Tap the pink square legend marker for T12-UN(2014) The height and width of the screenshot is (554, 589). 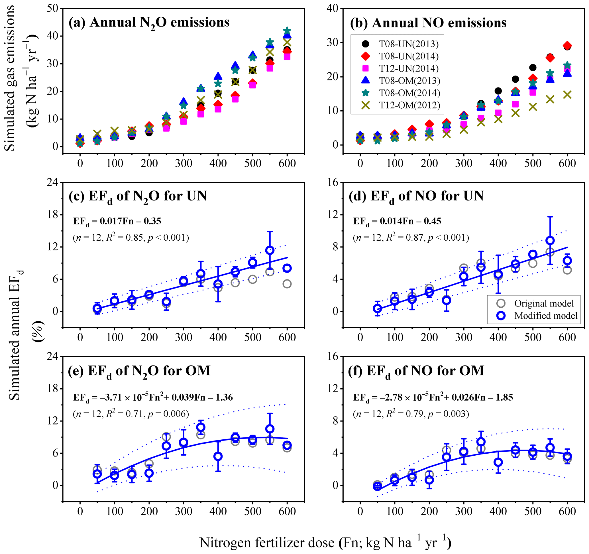(366, 68)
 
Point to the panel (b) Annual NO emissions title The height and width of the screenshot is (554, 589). (428, 23)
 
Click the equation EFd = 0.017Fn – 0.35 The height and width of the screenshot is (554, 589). (117, 222)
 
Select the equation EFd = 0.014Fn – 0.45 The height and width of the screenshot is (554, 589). (397, 222)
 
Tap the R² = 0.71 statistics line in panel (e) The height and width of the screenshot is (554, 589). (131, 414)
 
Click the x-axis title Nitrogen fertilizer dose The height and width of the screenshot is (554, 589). (325, 542)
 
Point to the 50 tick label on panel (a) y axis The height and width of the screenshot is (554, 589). (52, 8)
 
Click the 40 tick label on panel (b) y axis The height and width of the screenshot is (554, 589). (333, 8)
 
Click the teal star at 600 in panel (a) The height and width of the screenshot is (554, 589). (287, 31)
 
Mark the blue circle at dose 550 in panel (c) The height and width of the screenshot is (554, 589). (270, 250)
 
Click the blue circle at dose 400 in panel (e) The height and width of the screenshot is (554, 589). (218, 456)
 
